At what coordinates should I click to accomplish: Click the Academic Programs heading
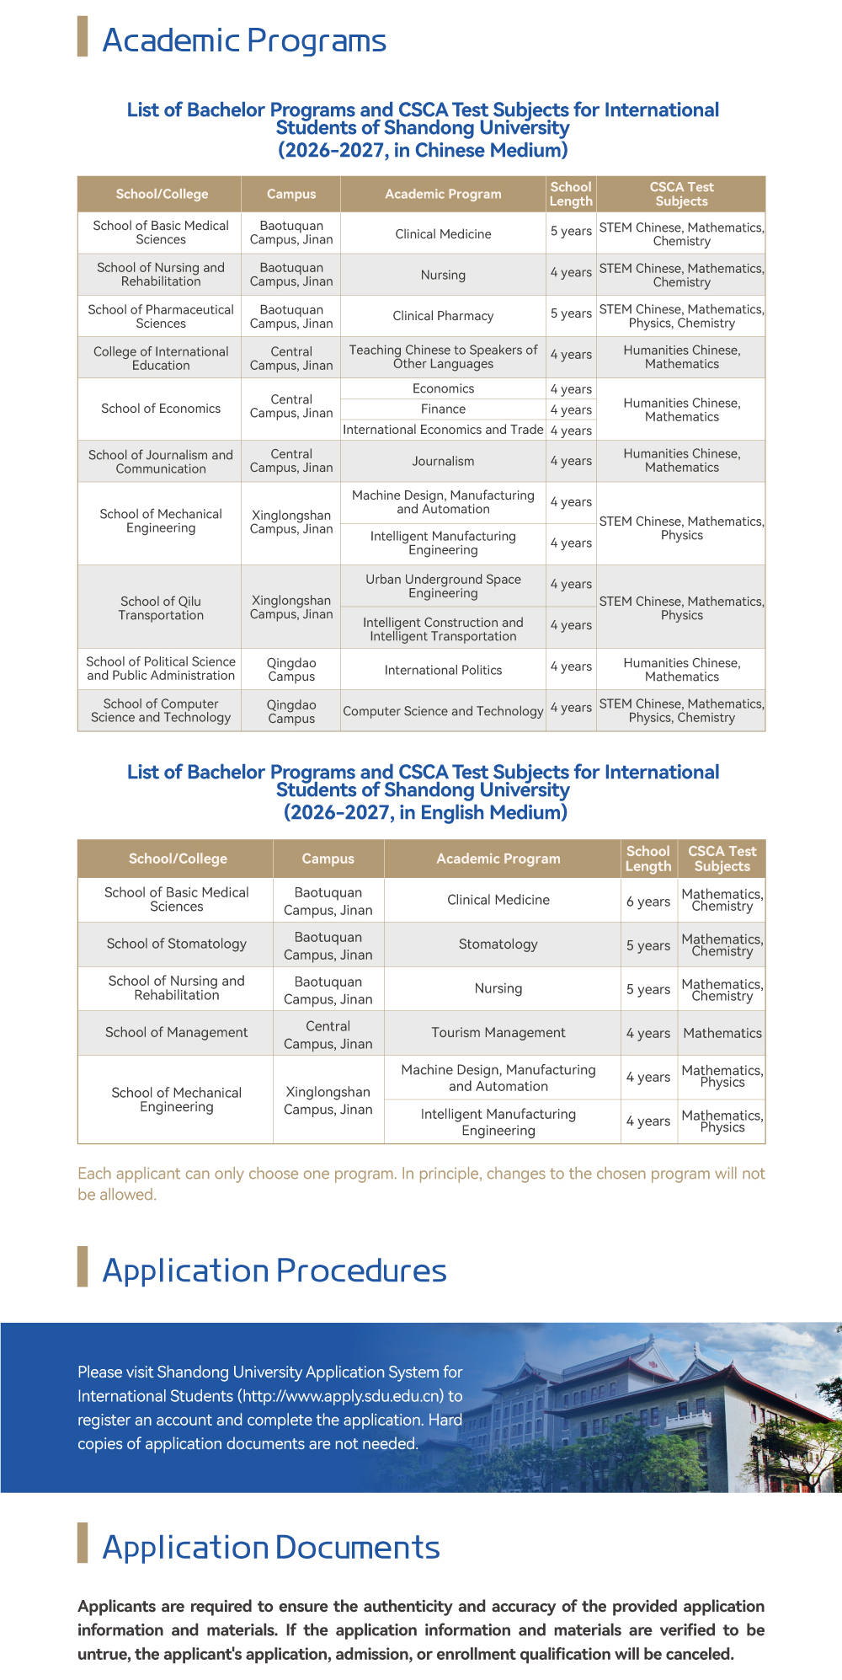tap(244, 40)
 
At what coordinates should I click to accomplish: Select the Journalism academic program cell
tap(443, 461)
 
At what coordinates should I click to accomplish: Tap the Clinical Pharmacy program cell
tap(443, 316)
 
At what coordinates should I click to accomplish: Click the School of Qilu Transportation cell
tap(161, 607)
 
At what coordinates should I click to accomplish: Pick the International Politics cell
tap(443, 670)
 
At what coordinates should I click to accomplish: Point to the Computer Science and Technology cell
tap(443, 711)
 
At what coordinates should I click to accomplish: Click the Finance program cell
tap(443, 409)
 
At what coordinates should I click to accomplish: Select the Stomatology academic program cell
tap(498, 944)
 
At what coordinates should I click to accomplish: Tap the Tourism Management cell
tap(498, 1033)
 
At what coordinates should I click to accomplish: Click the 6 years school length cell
tap(648, 902)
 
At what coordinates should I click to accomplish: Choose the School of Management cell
tap(177, 1033)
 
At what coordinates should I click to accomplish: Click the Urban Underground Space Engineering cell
tap(443, 586)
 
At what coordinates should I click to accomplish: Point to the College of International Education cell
tap(161, 358)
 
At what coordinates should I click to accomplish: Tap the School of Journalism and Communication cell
tap(161, 462)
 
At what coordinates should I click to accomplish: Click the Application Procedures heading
tap(274, 1271)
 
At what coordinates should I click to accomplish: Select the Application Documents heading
tap(271, 1548)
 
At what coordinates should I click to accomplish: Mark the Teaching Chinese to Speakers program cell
tap(443, 356)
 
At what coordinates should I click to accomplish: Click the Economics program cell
tap(443, 388)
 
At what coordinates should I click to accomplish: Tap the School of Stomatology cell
tap(177, 944)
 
